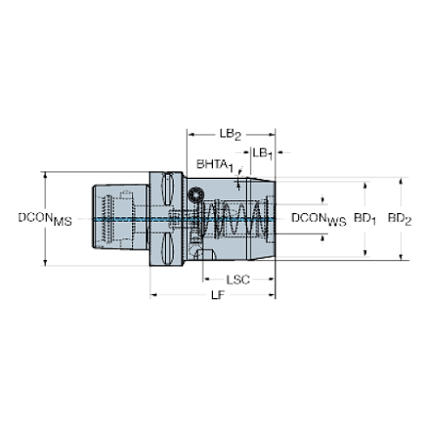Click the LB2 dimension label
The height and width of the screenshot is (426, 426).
click(x=230, y=135)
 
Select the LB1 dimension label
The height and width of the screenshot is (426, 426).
click(x=263, y=154)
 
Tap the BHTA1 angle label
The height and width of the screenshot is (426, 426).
click(x=215, y=165)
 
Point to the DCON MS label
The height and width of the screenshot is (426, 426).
click(x=45, y=219)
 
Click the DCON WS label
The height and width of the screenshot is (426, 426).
click(x=318, y=219)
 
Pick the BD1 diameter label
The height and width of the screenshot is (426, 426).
click(x=364, y=219)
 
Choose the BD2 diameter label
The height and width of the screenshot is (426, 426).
click(x=400, y=219)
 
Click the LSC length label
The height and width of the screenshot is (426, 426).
click(x=237, y=280)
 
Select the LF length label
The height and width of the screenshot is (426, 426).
click(x=218, y=296)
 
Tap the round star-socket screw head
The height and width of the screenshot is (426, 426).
click(x=196, y=195)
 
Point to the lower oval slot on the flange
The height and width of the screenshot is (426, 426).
click(x=168, y=249)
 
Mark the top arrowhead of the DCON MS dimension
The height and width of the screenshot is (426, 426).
click(x=45, y=175)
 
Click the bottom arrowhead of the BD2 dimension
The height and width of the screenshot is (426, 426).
click(x=401, y=257)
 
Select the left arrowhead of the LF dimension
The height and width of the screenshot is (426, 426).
click(x=153, y=295)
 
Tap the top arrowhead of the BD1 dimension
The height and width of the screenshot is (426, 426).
click(x=365, y=185)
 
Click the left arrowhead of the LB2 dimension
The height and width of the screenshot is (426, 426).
click(x=190, y=135)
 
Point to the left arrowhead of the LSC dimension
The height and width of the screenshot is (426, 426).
click(x=206, y=279)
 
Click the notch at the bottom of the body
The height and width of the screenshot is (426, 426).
click(x=205, y=255)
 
